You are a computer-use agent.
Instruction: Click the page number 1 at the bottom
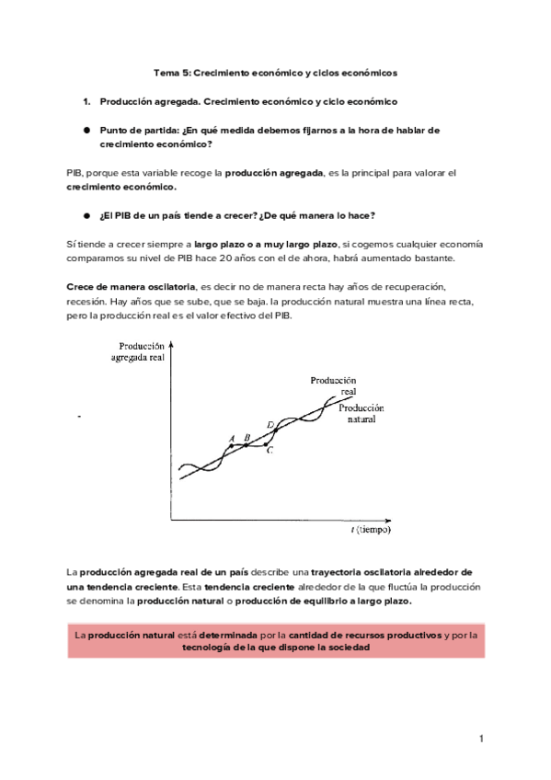click(480, 740)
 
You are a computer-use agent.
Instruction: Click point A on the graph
click(231, 446)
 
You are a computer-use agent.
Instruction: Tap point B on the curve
click(247, 445)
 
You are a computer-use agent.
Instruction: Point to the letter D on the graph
click(270, 424)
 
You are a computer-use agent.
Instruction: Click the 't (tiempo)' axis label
click(370, 530)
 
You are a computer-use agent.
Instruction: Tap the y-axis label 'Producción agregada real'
click(137, 351)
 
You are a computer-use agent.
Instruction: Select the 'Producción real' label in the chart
click(333, 384)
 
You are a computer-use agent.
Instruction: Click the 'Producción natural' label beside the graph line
click(361, 413)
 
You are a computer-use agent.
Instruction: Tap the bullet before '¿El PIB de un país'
click(86, 215)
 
